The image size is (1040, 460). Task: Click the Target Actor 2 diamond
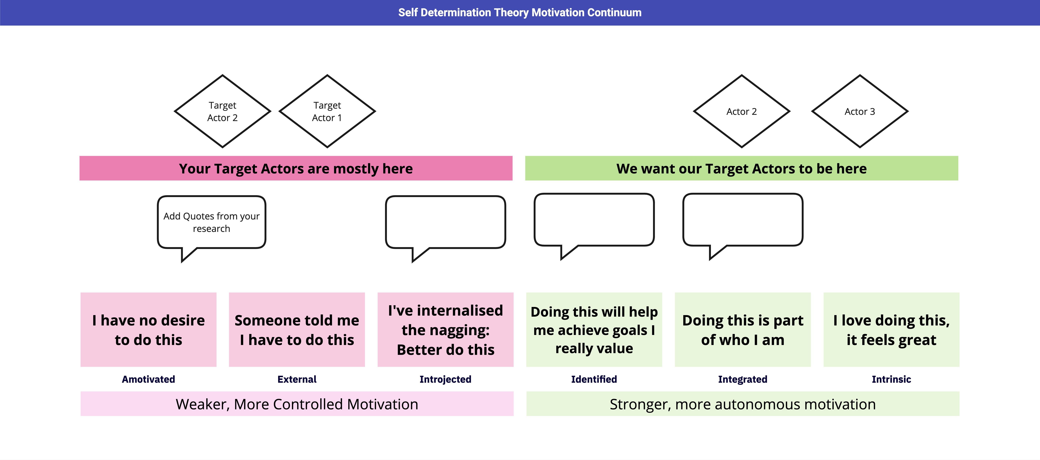(222, 112)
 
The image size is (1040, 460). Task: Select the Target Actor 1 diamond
(327, 112)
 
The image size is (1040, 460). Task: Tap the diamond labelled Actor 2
(742, 112)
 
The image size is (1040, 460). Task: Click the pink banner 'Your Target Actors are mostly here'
(296, 168)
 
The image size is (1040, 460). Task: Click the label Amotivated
(149, 379)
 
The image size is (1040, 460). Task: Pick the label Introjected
(445, 379)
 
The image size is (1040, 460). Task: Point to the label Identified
(594, 379)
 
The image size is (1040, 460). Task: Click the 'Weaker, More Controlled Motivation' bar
(297, 404)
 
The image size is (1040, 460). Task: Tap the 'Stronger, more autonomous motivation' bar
(742, 404)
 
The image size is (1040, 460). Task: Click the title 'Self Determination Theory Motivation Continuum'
(520, 12)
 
